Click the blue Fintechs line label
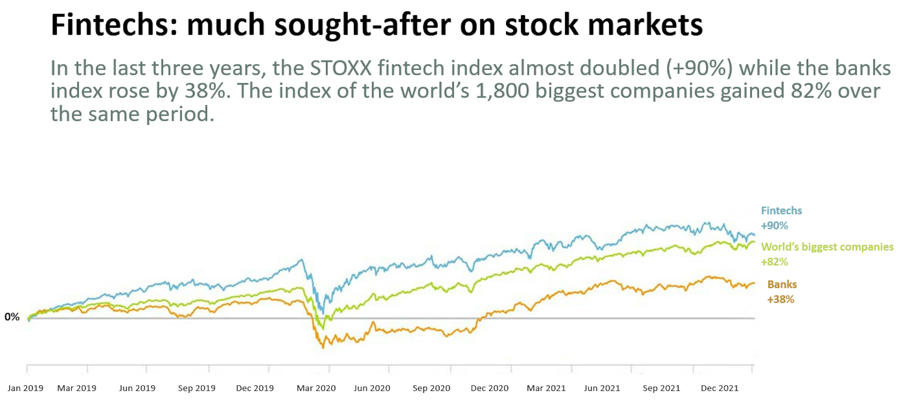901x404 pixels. click(781, 211)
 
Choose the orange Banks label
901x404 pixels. click(782, 284)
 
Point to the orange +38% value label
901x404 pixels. click(780, 299)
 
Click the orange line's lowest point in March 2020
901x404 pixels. click(323, 348)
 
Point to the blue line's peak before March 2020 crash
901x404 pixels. click(301, 260)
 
